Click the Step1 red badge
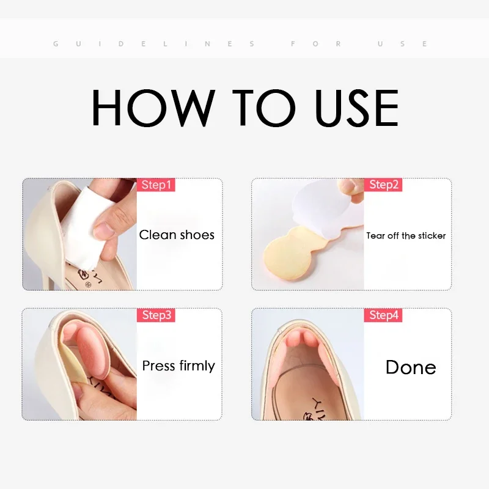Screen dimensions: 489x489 coord(155,185)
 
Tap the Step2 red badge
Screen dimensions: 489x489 coord(384,185)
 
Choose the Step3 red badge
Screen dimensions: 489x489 coord(155,315)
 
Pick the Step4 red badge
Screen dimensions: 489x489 coord(384,315)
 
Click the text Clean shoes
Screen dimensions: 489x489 coord(177,235)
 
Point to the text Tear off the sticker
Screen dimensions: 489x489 coord(406,235)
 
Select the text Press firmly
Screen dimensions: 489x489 coord(178,366)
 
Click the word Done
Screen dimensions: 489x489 coord(410,367)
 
